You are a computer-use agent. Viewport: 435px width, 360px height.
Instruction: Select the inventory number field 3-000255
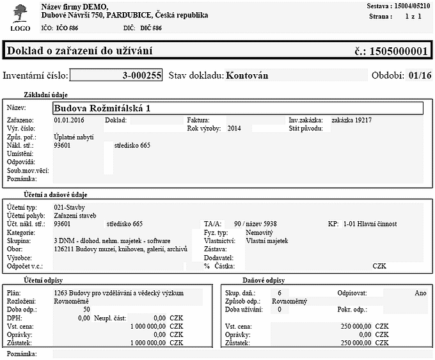(x=116, y=75)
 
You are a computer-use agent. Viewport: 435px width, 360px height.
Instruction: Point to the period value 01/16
(x=420, y=75)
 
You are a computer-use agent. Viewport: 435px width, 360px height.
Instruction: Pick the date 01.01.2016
(x=70, y=120)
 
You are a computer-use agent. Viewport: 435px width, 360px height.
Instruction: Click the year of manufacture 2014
(x=234, y=128)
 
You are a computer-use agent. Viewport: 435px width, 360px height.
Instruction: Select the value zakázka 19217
(x=352, y=120)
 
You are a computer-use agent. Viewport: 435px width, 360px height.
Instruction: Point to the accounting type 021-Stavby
(x=70, y=208)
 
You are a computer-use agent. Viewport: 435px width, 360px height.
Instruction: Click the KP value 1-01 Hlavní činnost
(x=370, y=224)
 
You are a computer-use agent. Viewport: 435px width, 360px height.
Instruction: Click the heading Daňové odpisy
(x=264, y=280)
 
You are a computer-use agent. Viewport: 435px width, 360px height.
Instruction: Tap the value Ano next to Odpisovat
(x=420, y=293)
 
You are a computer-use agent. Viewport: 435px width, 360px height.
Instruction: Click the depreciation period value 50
(x=86, y=309)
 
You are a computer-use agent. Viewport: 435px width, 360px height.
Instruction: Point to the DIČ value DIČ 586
(x=148, y=29)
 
